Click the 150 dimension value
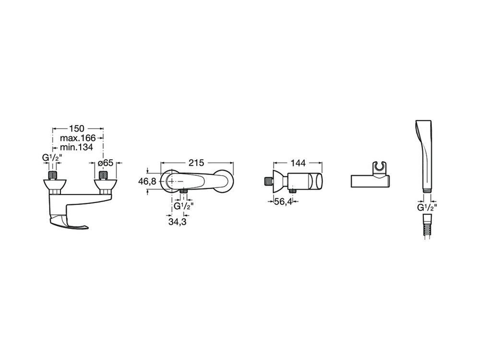(76, 129)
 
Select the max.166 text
(78, 138)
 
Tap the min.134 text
(76, 147)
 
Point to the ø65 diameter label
(106, 163)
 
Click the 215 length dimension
(196, 163)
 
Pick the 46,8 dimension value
(147, 181)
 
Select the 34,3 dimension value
(177, 222)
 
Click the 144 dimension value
(298, 163)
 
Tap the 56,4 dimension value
(283, 202)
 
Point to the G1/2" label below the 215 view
(184, 206)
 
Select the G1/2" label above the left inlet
(52, 158)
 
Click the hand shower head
(423, 156)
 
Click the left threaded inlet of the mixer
(53, 176)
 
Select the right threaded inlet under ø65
(104, 176)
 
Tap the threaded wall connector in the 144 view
(268, 181)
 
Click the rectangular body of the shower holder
(370, 181)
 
